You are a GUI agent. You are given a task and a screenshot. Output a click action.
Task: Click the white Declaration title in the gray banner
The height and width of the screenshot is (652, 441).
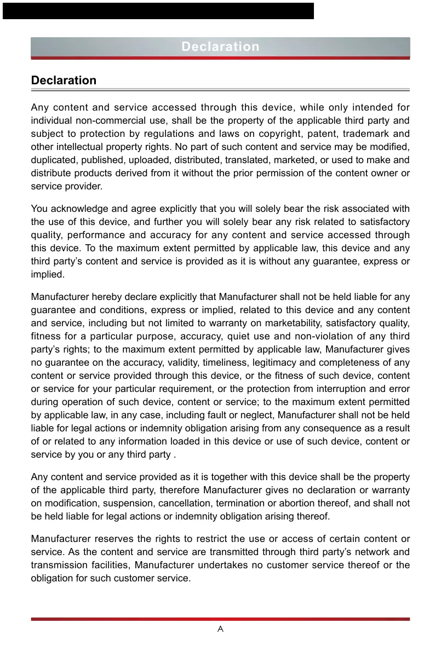click(x=220, y=47)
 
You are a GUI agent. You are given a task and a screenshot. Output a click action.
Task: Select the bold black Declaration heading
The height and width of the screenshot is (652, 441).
click(x=64, y=80)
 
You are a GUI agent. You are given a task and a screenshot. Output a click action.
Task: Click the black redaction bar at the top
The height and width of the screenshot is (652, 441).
click(x=158, y=11)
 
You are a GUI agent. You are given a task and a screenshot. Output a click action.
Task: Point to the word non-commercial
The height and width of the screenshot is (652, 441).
click(x=102, y=120)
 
